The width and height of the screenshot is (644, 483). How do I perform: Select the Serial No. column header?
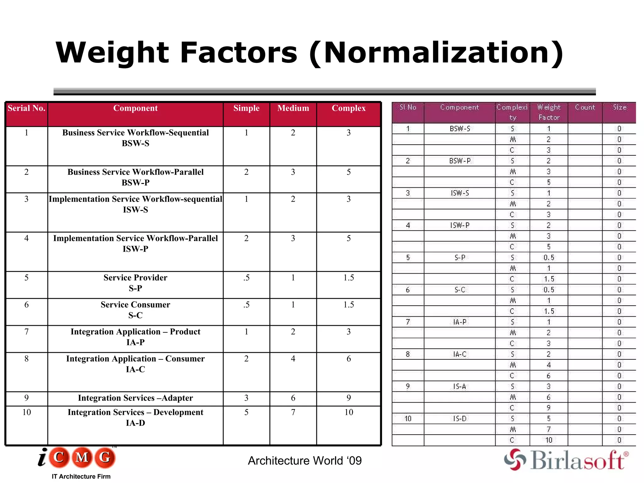click(26, 108)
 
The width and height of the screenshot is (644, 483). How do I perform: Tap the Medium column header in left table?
click(293, 108)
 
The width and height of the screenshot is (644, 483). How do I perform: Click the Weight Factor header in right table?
click(549, 112)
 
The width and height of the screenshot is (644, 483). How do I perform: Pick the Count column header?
click(585, 108)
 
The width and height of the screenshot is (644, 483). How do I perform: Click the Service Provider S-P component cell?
click(136, 283)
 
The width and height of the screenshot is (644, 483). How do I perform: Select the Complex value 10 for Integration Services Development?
click(348, 412)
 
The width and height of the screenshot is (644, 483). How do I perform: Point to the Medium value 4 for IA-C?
click(293, 359)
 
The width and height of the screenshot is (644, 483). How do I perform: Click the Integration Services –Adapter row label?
click(136, 398)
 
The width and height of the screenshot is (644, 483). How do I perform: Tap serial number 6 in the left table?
click(26, 305)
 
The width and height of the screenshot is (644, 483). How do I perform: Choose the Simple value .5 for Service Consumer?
click(246, 305)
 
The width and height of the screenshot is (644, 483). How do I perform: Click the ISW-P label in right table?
click(459, 225)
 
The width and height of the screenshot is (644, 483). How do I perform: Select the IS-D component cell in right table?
click(459, 419)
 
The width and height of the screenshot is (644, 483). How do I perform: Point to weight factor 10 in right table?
click(549, 440)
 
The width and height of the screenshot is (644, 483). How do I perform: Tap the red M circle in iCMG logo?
click(82, 457)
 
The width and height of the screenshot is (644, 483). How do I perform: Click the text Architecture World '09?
click(305, 461)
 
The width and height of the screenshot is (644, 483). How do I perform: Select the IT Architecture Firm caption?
click(81, 476)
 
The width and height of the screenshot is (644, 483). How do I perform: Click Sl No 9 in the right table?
click(408, 386)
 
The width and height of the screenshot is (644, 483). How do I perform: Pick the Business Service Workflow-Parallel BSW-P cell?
click(136, 177)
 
